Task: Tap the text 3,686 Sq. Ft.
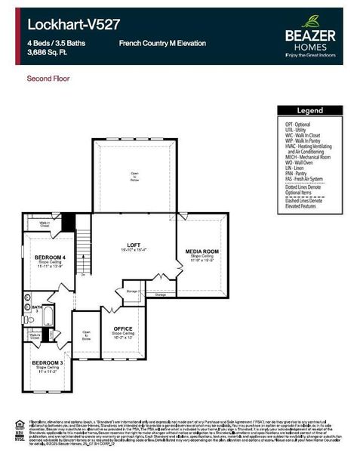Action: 49,54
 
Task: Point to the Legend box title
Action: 309,110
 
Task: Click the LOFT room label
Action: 134,245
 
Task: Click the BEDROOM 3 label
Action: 47,362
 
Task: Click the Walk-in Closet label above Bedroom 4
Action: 45,223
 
